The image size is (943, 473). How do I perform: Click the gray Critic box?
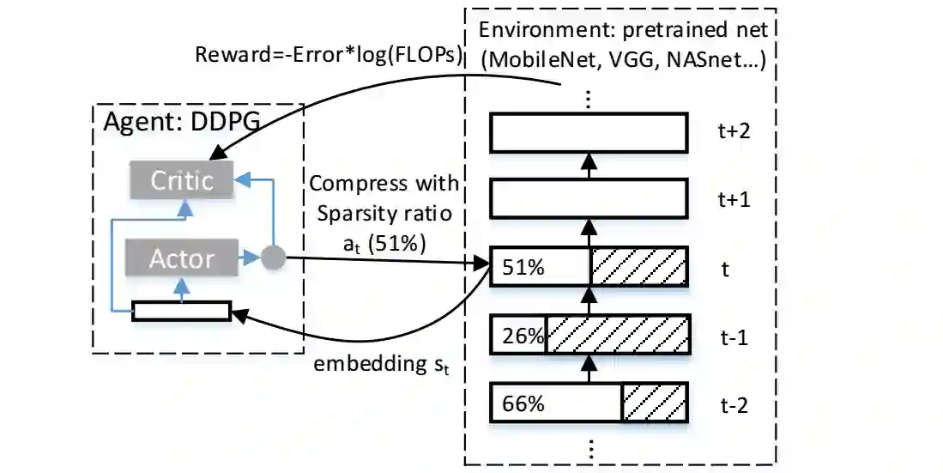pos(181,181)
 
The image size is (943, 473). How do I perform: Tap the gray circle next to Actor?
pos(272,256)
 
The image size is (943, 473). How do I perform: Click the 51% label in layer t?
pos(523,269)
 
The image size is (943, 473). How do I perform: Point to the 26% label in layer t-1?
pos(523,337)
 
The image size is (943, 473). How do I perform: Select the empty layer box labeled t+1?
pos(589,199)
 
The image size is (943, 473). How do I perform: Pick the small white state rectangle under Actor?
pos(181,311)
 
